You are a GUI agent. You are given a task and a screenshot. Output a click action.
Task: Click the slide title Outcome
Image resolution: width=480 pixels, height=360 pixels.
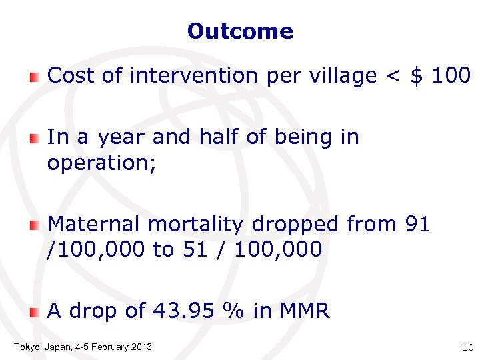pyautogui.click(x=240, y=31)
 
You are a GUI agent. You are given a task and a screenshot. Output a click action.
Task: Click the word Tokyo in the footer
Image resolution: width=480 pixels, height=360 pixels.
pyautogui.click(x=26, y=347)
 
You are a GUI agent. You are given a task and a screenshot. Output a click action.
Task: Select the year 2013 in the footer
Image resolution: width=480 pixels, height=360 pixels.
pyautogui.click(x=141, y=347)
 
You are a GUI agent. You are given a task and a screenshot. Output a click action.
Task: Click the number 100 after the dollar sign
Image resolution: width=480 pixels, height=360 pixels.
pyautogui.click(x=451, y=76)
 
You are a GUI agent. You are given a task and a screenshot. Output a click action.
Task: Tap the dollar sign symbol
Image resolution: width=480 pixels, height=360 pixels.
pyautogui.click(x=417, y=76)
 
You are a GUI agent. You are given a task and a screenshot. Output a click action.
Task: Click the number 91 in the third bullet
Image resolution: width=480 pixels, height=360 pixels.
pyautogui.click(x=417, y=225)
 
